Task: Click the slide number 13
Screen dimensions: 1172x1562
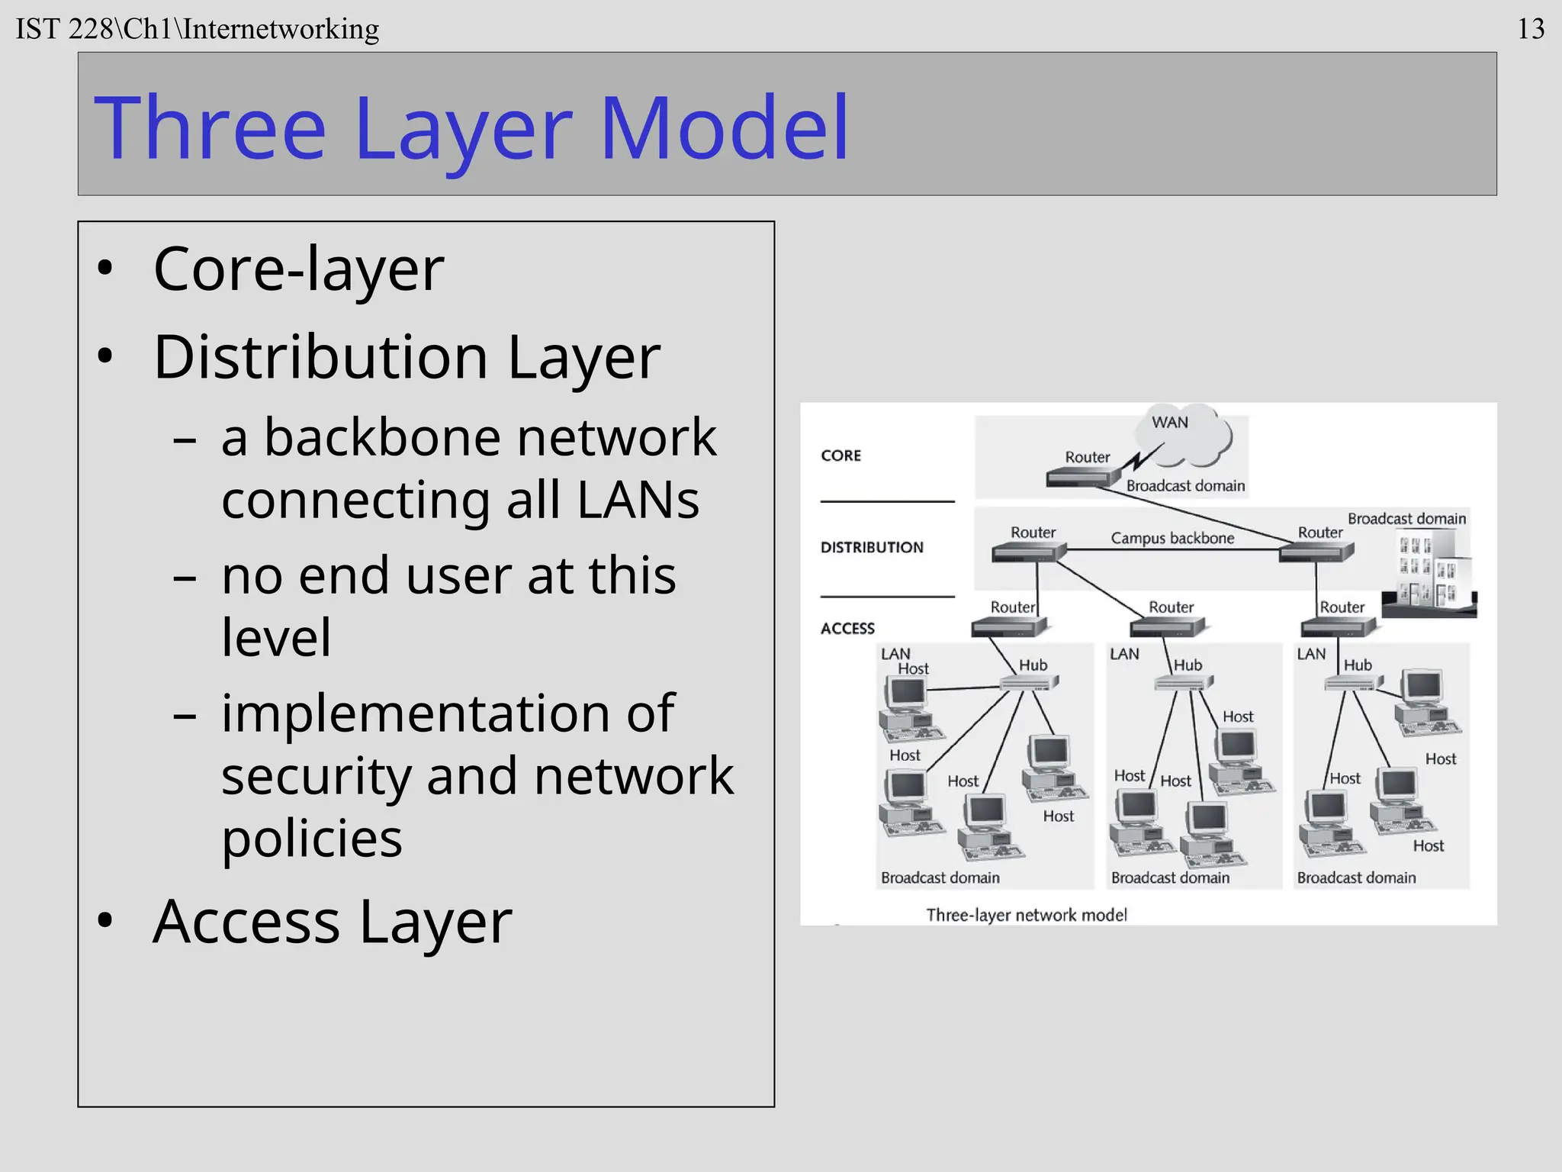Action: (x=1530, y=29)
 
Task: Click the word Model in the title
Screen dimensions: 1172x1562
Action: (x=724, y=128)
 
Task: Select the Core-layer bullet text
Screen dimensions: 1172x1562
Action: (x=298, y=269)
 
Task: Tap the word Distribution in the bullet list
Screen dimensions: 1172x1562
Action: (x=320, y=357)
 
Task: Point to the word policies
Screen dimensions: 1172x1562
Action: (x=311, y=838)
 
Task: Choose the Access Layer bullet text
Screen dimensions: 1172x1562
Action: (x=332, y=922)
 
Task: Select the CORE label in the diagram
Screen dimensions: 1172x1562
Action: (x=840, y=456)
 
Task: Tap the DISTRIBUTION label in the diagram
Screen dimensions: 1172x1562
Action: (x=872, y=547)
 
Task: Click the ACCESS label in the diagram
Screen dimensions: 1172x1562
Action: (x=847, y=629)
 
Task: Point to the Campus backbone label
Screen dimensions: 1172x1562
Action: (x=1171, y=538)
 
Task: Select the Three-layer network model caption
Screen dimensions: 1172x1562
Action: (x=1026, y=915)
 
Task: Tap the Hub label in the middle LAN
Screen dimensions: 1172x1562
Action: (x=1188, y=665)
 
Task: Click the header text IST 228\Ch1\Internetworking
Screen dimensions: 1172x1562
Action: (x=197, y=29)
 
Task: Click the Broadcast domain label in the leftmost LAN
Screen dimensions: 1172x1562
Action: (x=940, y=877)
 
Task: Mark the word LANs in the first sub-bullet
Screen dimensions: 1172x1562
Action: (x=638, y=500)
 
